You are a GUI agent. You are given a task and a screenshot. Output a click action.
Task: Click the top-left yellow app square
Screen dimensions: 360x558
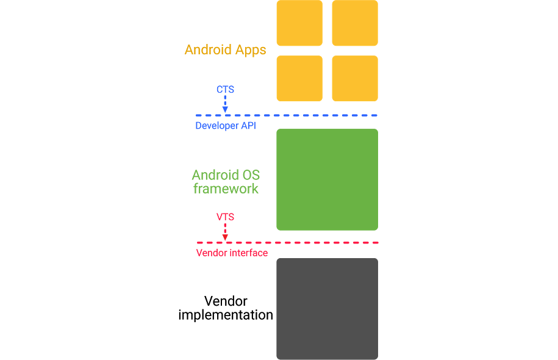(x=299, y=23)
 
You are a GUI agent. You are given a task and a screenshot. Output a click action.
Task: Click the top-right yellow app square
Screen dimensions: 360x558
(x=355, y=23)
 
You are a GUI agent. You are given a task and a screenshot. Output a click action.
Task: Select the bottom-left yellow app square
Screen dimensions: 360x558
(x=299, y=78)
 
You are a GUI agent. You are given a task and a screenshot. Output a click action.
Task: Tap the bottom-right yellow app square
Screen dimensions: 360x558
(x=355, y=78)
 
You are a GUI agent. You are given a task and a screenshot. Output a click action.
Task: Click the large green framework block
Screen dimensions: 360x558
(x=327, y=179)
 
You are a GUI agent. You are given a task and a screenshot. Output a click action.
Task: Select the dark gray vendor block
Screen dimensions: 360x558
(x=327, y=309)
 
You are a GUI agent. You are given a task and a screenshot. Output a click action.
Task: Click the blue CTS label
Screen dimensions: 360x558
(x=225, y=90)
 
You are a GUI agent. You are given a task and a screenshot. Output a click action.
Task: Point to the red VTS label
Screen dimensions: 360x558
(x=225, y=217)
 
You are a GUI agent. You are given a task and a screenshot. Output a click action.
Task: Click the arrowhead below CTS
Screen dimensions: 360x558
(x=225, y=109)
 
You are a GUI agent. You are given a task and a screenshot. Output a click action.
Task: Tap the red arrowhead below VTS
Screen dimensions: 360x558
(x=225, y=237)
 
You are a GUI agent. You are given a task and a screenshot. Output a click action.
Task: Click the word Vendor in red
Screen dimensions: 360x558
(x=210, y=253)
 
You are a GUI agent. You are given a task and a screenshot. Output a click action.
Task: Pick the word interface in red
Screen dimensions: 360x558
(x=248, y=253)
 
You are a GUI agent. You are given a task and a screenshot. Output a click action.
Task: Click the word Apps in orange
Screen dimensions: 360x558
(x=250, y=50)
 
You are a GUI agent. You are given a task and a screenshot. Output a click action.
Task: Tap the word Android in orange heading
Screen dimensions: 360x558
(x=208, y=50)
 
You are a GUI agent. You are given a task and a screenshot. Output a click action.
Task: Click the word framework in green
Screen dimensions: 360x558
(x=226, y=189)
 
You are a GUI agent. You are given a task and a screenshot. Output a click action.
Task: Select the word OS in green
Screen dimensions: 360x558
(x=250, y=176)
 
